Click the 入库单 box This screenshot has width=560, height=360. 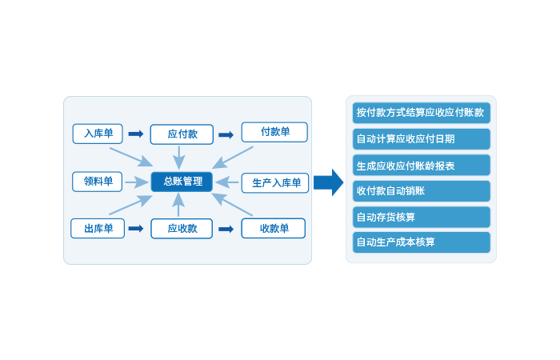[98, 133]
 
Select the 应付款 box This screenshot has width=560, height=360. [182, 134]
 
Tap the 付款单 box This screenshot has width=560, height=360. [274, 132]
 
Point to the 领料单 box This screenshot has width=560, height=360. [98, 182]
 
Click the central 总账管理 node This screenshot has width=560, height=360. [182, 182]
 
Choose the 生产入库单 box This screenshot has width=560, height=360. [275, 183]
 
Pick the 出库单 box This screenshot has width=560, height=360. [98, 229]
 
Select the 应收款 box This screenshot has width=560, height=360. [182, 229]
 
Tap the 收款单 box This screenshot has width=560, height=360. [274, 229]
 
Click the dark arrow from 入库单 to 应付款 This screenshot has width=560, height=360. [136, 134]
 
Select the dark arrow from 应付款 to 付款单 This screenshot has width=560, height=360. [226, 134]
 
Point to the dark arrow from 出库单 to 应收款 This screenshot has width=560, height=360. [136, 229]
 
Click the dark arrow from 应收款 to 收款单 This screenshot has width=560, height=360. [226, 229]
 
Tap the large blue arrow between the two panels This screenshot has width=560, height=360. [327, 182]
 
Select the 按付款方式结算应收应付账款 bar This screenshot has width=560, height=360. [421, 113]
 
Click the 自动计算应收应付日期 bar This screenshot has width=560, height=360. [421, 139]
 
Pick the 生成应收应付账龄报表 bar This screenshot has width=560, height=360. [421, 166]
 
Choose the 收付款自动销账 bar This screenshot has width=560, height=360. [421, 191]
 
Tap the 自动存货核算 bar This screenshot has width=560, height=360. [421, 217]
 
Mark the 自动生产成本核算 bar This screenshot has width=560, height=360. [421, 242]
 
